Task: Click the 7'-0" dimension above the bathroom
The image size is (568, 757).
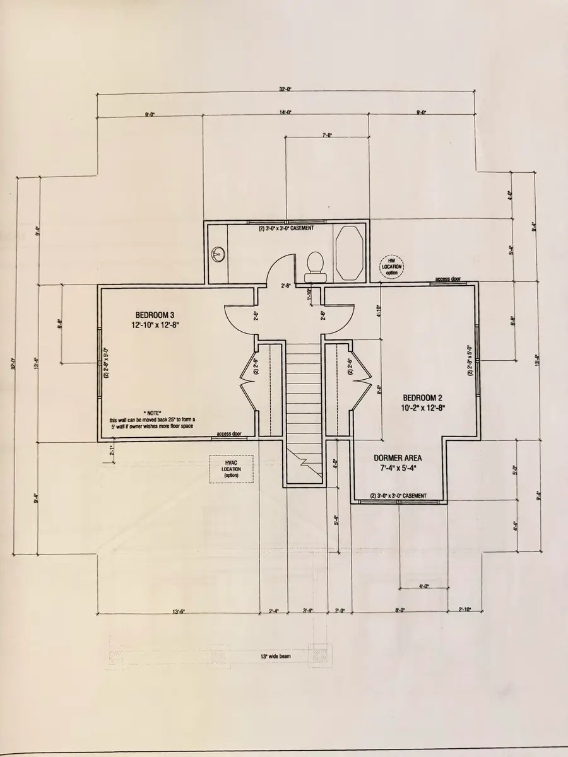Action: (x=327, y=135)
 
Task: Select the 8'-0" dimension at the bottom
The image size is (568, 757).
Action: (x=399, y=611)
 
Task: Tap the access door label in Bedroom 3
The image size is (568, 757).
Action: (x=229, y=434)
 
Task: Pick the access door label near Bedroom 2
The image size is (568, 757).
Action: (x=447, y=278)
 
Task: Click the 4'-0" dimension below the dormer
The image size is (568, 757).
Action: (x=424, y=586)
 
